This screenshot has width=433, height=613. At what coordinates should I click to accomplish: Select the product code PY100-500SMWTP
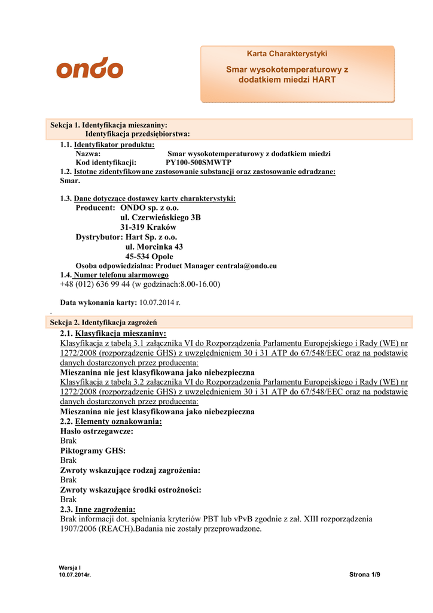199,162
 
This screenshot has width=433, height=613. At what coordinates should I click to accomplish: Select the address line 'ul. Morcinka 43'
154,247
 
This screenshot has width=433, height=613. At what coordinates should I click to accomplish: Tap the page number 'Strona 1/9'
364,575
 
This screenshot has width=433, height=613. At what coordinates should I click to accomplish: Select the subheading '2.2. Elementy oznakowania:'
111,421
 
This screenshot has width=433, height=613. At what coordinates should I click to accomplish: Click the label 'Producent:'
95,208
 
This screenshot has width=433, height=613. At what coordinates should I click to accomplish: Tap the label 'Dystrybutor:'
99,237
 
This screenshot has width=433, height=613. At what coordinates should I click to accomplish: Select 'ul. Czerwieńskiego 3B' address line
160,217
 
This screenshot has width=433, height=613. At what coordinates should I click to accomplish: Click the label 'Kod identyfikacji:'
106,162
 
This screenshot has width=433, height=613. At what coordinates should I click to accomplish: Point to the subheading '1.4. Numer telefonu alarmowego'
110,275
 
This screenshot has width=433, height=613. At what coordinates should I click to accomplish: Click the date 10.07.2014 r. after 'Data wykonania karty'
160,302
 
